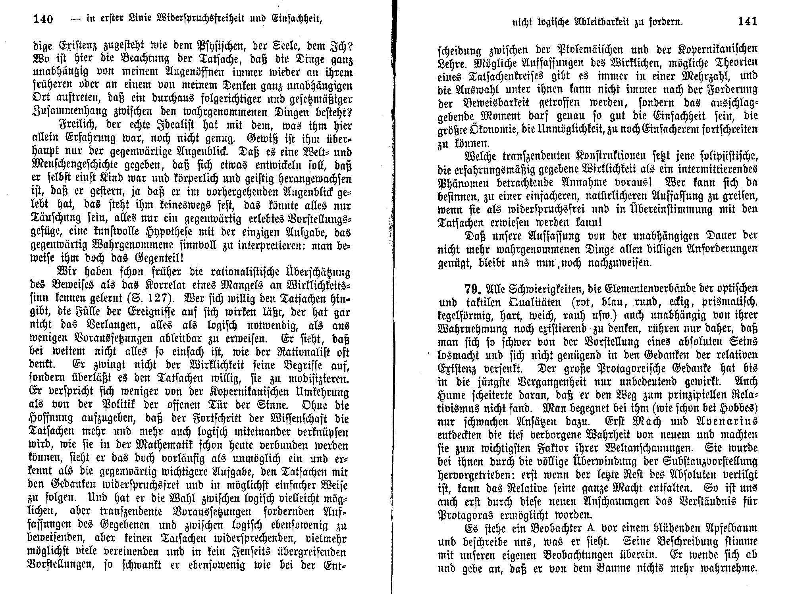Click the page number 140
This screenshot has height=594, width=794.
[x=43, y=19]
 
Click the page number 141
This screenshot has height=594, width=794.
[x=748, y=21]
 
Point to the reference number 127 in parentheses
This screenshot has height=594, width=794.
[x=151, y=298]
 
